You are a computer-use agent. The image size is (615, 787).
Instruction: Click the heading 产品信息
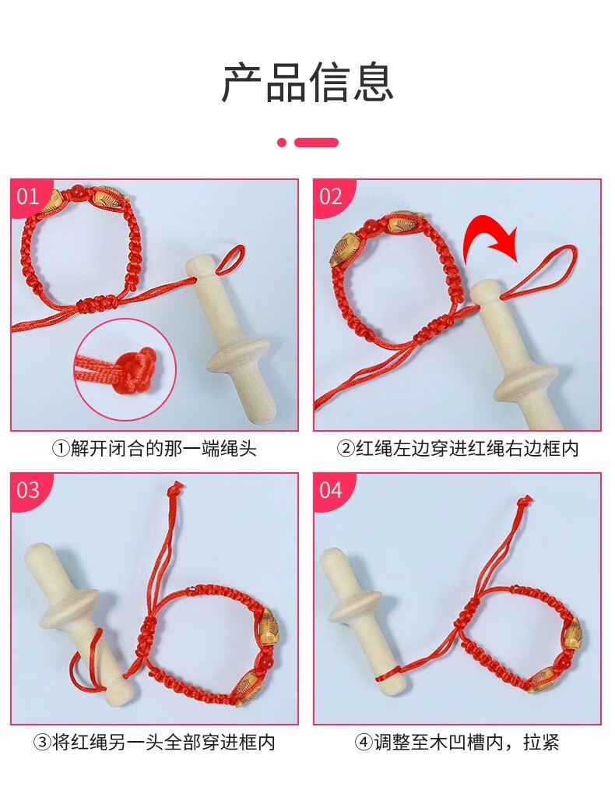(x=307, y=83)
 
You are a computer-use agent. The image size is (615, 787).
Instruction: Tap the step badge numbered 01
(x=29, y=195)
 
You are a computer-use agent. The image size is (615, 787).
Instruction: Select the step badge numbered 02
(x=332, y=196)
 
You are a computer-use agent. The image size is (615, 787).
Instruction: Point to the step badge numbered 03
(x=29, y=490)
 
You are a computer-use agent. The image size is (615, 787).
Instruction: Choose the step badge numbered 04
(x=332, y=490)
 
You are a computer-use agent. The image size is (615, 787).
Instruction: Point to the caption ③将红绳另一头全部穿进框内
(x=154, y=742)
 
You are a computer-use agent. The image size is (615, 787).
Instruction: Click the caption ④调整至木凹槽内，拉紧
(x=457, y=742)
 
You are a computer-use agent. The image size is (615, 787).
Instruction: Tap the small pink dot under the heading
(x=282, y=143)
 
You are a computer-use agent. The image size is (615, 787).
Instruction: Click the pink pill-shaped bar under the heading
(x=316, y=143)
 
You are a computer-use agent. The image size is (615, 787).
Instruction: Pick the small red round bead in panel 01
(x=77, y=192)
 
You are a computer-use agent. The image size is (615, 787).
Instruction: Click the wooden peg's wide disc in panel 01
(x=239, y=356)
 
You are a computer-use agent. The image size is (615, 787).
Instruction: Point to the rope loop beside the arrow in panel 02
(x=542, y=271)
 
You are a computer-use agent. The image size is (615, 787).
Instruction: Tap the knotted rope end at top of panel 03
(x=176, y=488)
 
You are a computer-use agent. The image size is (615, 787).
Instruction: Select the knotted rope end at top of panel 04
(x=524, y=501)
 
